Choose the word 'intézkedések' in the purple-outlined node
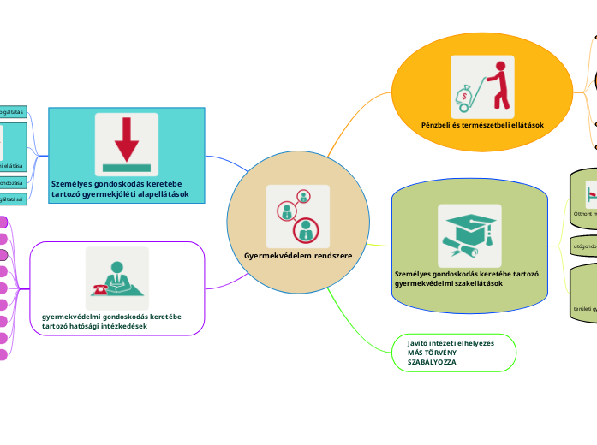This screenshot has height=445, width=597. tap(124, 326)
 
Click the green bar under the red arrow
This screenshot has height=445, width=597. tap(127, 166)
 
